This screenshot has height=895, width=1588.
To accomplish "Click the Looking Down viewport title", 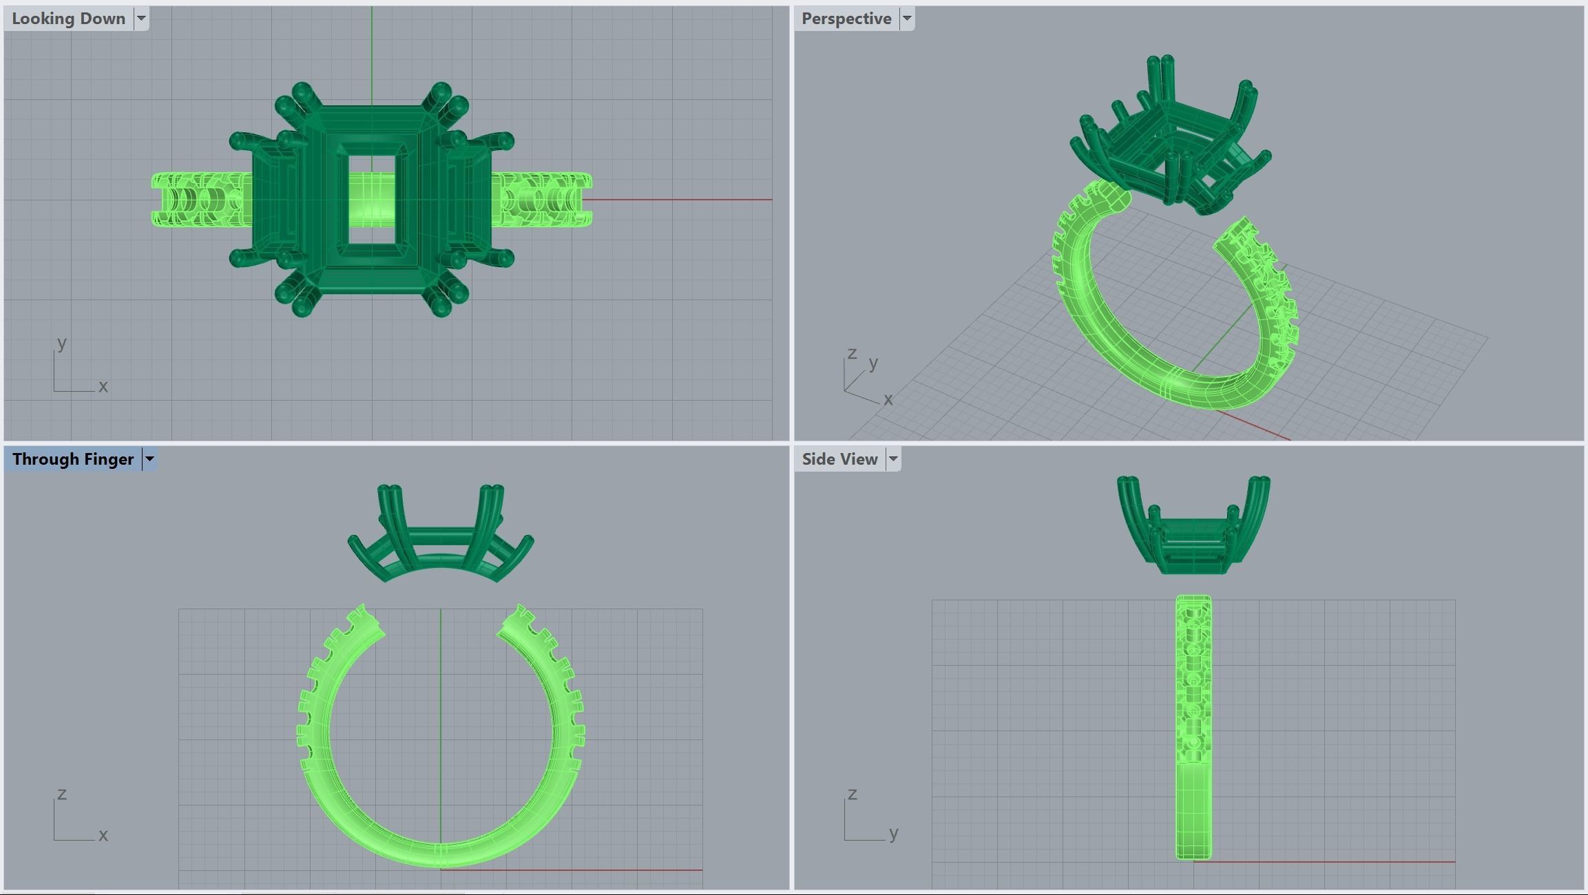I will (x=68, y=19).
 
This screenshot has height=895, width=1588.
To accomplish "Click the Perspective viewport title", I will (x=846, y=19).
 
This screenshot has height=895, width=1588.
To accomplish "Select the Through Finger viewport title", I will (x=72, y=459).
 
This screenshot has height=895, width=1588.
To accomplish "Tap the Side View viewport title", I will (x=839, y=459).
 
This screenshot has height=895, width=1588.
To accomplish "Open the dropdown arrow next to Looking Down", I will (x=141, y=19).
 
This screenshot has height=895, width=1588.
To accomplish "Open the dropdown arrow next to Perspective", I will (x=907, y=19).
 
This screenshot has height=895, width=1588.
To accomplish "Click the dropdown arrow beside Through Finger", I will (x=149, y=459).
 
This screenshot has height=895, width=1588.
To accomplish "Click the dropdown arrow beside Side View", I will (x=893, y=459).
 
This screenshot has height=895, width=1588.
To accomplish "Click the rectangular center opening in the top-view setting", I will (x=372, y=200).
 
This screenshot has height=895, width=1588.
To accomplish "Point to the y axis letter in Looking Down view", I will (x=62, y=342).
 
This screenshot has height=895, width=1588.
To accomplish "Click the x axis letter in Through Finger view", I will (x=103, y=835).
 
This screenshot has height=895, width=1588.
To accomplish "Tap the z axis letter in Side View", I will (x=853, y=794).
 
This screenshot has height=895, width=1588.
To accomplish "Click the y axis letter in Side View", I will (x=894, y=834).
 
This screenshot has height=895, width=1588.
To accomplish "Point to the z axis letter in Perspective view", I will (x=852, y=353).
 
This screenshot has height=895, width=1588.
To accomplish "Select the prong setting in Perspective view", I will (x=1171, y=138).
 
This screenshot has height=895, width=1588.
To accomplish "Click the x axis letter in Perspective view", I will (x=888, y=399).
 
